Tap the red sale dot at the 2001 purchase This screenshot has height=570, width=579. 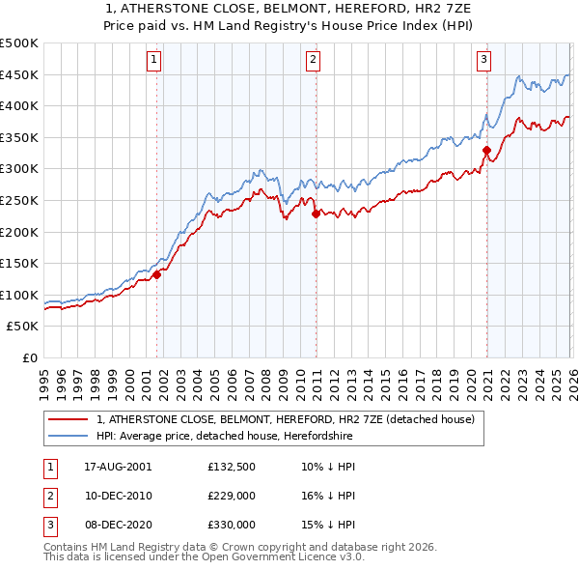coord(156,274)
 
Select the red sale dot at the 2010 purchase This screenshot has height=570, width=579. coord(316,214)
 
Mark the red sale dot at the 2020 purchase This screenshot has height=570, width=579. coord(486,151)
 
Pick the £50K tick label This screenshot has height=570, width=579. coord(23,327)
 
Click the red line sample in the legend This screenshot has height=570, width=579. coord(68,420)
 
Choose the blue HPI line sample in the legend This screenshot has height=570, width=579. coord(68,437)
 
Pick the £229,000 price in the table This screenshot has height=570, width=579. coord(231,496)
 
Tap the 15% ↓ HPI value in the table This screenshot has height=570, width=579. coord(327,525)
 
